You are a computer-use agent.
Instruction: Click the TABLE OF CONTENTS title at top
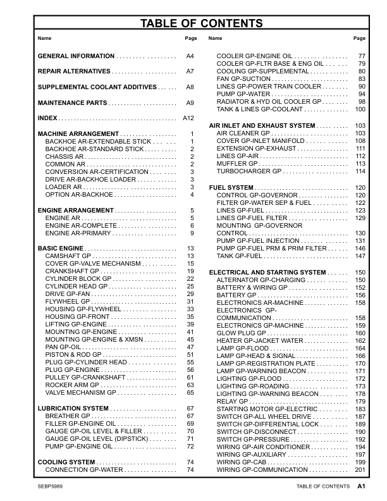pos(193,24)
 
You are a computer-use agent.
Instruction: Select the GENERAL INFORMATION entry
pos(77,56)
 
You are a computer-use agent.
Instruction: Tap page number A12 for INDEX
pos(188,118)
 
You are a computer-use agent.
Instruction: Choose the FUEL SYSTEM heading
pos(231,188)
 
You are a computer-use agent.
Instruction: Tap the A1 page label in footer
pos(361,486)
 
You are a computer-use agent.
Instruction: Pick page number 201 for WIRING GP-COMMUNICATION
pos(360,469)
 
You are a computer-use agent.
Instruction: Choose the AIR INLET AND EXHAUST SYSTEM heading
pos(262,126)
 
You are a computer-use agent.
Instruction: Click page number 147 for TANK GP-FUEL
pos(360,256)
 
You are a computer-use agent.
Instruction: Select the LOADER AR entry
pos(64,187)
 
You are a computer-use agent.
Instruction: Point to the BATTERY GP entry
pos(237,295)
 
